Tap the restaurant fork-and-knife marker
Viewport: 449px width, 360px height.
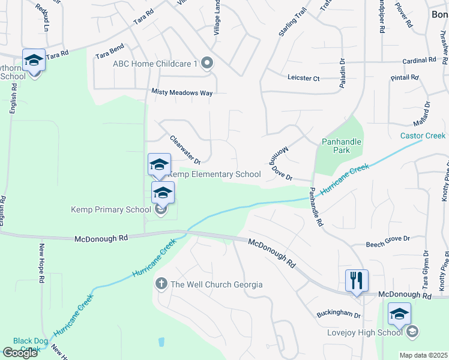pos(357,280)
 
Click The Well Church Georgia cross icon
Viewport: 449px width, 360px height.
pos(161,284)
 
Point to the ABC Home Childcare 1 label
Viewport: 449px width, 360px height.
pos(155,63)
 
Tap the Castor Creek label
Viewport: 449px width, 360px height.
pos(423,136)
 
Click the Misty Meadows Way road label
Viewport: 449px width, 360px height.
pos(182,93)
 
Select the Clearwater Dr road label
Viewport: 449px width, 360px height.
pos(184,149)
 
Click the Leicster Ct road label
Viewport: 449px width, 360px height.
pos(304,79)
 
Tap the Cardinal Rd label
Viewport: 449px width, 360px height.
pos(419,61)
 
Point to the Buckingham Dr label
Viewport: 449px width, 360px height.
pos(339,315)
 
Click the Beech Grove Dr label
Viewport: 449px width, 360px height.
pos(388,238)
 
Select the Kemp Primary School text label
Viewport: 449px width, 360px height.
pos(111,209)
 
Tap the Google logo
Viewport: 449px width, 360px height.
pos(20,352)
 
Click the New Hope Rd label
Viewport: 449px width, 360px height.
pos(41,263)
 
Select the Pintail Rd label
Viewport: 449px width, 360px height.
pos(404,77)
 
